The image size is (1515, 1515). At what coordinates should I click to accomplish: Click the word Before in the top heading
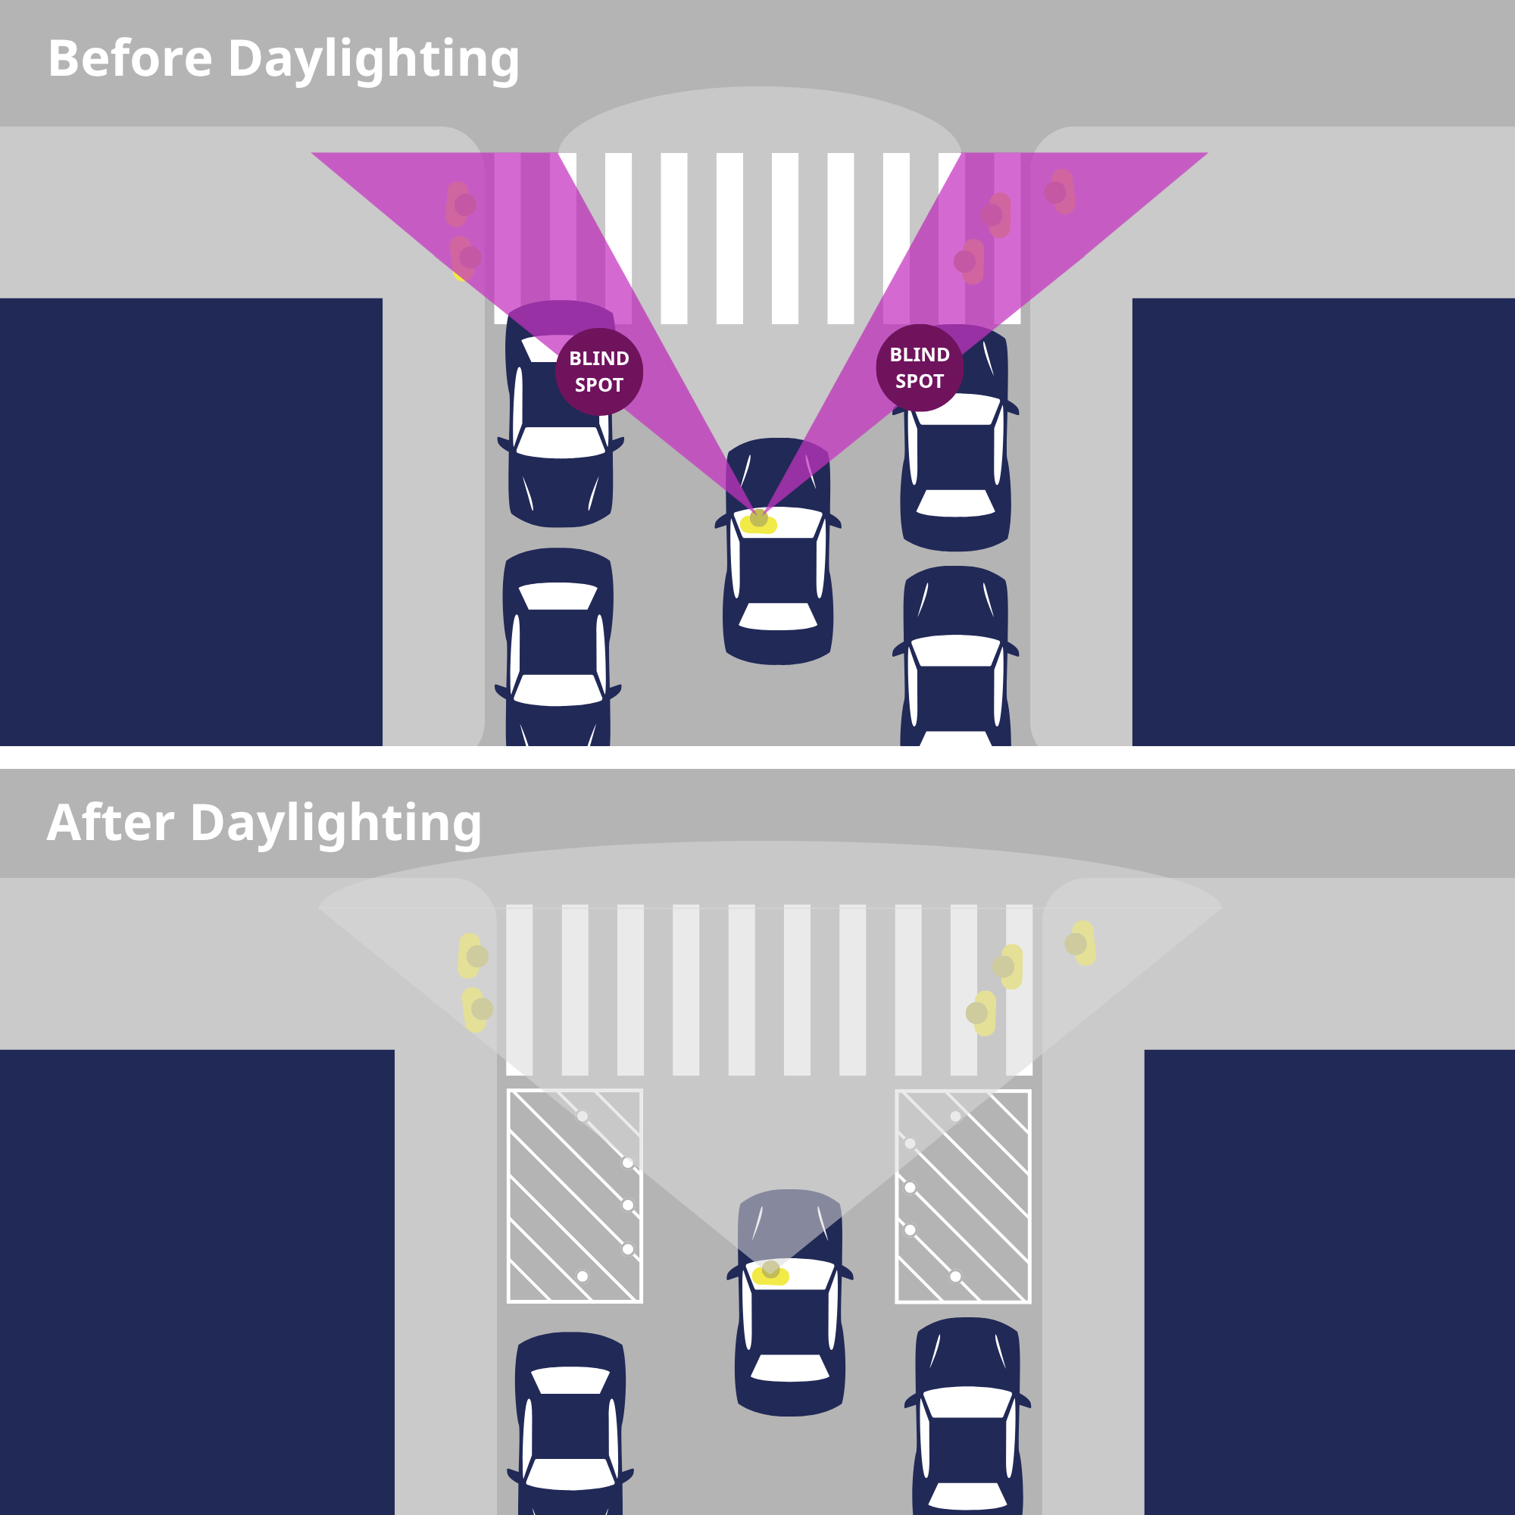130,59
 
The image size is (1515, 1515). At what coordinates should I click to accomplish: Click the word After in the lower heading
111,823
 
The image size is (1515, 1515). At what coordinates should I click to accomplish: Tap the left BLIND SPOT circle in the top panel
599,371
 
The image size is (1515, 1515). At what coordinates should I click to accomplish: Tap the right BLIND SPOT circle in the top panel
920,368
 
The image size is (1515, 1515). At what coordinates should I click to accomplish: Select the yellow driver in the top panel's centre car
758,521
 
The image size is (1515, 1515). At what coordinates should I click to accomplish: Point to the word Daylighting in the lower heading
336,824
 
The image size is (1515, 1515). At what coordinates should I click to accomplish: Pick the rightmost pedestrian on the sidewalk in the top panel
1060,192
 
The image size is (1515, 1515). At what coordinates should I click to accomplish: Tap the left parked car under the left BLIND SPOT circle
560,414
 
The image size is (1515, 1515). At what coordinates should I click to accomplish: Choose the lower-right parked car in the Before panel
955,655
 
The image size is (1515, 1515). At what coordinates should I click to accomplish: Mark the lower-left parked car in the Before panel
558,647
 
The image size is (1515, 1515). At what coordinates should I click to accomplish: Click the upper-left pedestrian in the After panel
472,955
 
